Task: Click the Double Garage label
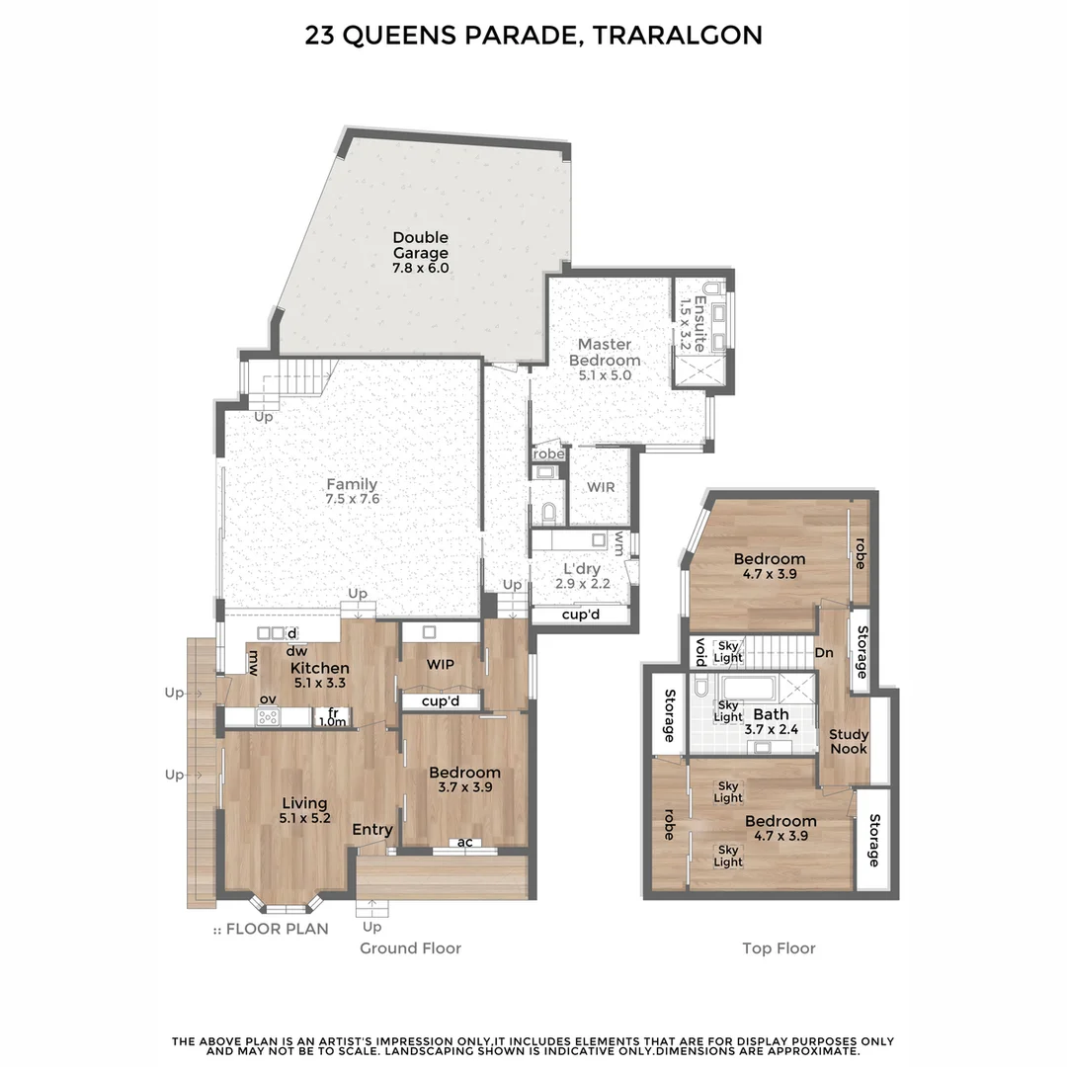pos(421,245)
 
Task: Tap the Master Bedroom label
pos(605,352)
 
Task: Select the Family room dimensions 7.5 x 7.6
pos(352,499)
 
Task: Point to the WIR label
pos(601,487)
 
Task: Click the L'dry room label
pos(582,569)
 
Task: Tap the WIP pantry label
pos(440,664)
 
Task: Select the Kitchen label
pos(319,668)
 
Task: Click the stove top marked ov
pos(268,716)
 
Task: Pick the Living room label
pos(304,803)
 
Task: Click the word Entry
pos(372,830)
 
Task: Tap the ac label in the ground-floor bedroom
pos(464,843)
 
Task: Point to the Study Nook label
pos(849,741)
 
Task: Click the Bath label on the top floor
pos(771,714)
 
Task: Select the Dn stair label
pos(824,653)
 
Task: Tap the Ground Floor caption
pos(410,947)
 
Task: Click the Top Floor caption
pos(779,947)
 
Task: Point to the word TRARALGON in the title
pos(677,36)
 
